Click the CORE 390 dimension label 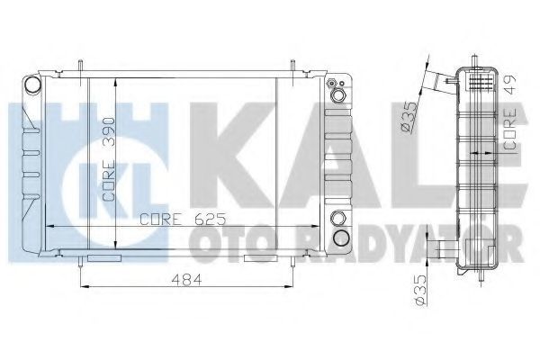tap(109, 159)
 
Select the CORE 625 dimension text tap(183, 219)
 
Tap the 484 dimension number tap(186, 280)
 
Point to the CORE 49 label tap(510, 112)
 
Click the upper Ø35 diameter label tap(409, 117)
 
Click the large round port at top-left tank tap(32, 85)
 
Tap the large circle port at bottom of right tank tap(341, 238)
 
